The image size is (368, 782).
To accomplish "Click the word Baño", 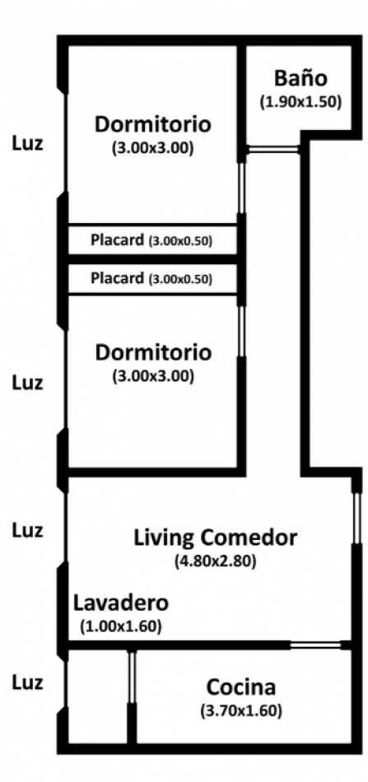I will point(300,79).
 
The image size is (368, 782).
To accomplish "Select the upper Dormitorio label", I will point(153,125).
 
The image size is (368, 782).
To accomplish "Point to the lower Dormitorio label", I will point(153,352).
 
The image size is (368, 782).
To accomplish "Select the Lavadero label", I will point(120,601).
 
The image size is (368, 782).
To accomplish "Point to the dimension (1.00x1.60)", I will point(120,626).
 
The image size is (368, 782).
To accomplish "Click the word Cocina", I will point(241,687).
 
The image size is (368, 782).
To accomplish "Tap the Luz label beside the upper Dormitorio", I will point(27,142).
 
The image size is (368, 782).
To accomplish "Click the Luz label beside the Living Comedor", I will point(27,530).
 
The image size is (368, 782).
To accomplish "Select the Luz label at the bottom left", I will point(27,682).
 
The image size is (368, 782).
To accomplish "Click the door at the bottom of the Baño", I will point(274,149).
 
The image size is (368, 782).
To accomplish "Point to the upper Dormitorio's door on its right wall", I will point(241,188).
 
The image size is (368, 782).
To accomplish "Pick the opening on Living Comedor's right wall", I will point(356,519).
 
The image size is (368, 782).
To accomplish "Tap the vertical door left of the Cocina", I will point(132,677).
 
